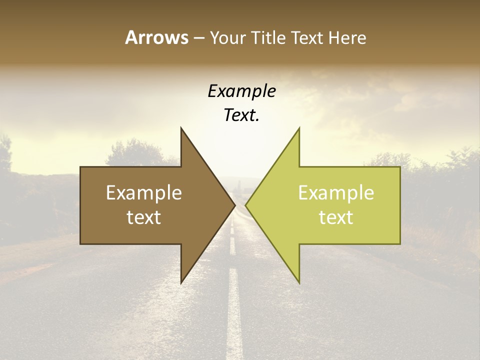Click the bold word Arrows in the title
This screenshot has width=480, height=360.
click(156, 37)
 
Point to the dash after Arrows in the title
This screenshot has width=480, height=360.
click(198, 38)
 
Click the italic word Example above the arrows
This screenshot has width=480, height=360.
click(241, 91)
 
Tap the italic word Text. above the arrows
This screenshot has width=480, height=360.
click(241, 115)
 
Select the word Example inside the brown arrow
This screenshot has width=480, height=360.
click(144, 193)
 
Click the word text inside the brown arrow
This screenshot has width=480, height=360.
click(144, 217)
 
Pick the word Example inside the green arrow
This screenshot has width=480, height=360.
click(336, 193)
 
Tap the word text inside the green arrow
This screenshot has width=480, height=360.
click(336, 217)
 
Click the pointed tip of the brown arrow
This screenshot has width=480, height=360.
click(234, 204)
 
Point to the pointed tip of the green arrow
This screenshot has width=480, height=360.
click(246, 204)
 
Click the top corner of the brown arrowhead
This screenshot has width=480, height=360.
click(181, 128)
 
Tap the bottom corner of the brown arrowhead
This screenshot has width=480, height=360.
click(181, 282)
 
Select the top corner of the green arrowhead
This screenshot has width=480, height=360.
click(299, 128)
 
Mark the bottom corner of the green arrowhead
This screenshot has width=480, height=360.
click(299, 282)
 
